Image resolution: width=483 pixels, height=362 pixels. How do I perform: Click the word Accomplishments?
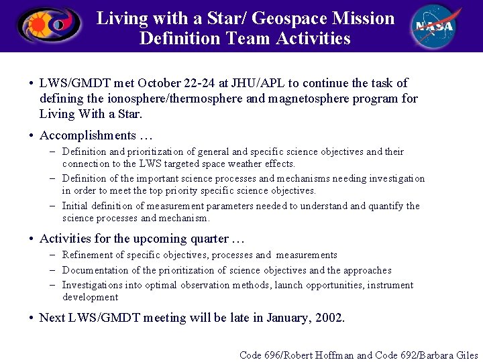click(87, 135)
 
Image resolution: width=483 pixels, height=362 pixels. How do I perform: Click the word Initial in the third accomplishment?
click(74, 206)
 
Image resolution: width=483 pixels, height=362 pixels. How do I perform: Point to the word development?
click(90, 297)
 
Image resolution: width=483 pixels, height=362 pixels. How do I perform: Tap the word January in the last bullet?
click(289, 318)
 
